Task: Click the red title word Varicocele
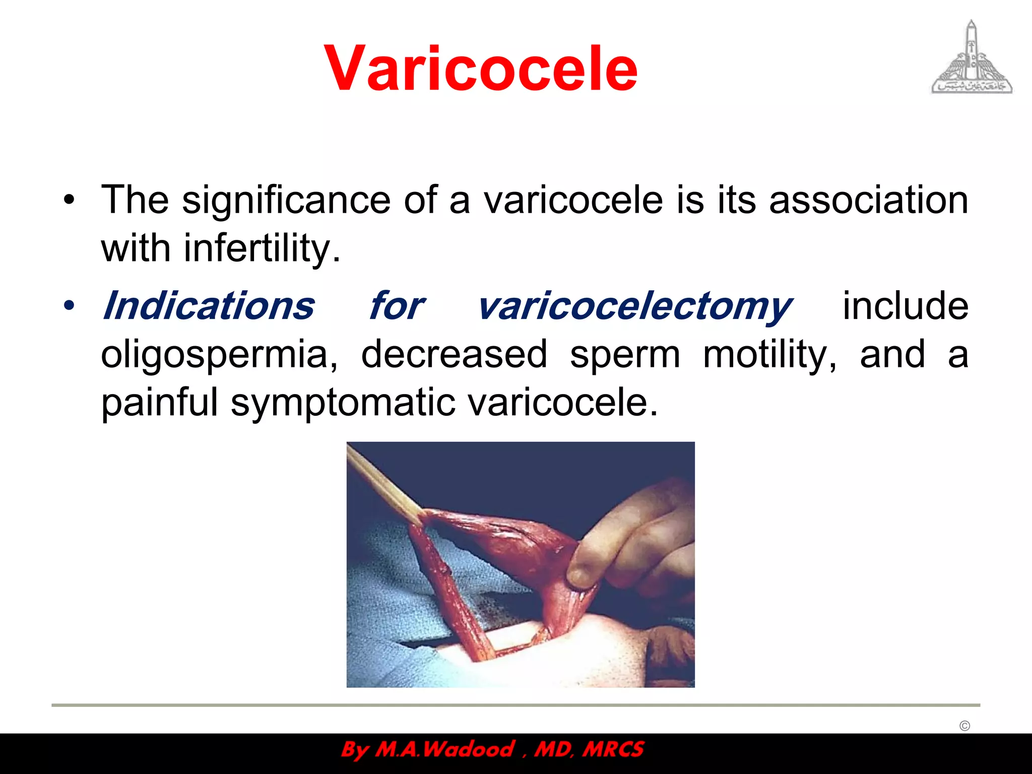pyautogui.click(x=481, y=69)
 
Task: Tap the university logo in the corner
pyautogui.click(x=972, y=58)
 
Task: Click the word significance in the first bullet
pyautogui.click(x=286, y=200)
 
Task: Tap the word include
pyautogui.click(x=905, y=306)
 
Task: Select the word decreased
pyautogui.click(x=454, y=354)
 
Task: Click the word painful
pyautogui.click(x=159, y=403)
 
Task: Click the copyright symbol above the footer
pyautogui.click(x=964, y=726)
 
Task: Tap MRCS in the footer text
pyautogui.click(x=613, y=749)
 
